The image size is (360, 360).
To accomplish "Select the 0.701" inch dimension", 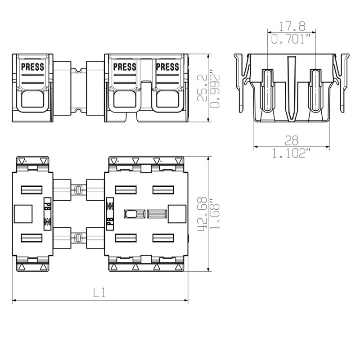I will (x=292, y=39).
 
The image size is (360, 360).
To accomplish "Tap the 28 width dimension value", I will (x=291, y=140).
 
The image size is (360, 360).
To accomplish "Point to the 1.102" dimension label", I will (x=291, y=153).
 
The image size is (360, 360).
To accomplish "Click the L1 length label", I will (x=99, y=292).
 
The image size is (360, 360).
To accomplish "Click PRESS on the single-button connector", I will (x=33, y=67).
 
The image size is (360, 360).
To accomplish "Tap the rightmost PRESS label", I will (x=167, y=67).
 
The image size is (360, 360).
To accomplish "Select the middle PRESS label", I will (x=125, y=67).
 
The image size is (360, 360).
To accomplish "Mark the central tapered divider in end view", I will (x=292, y=88).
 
